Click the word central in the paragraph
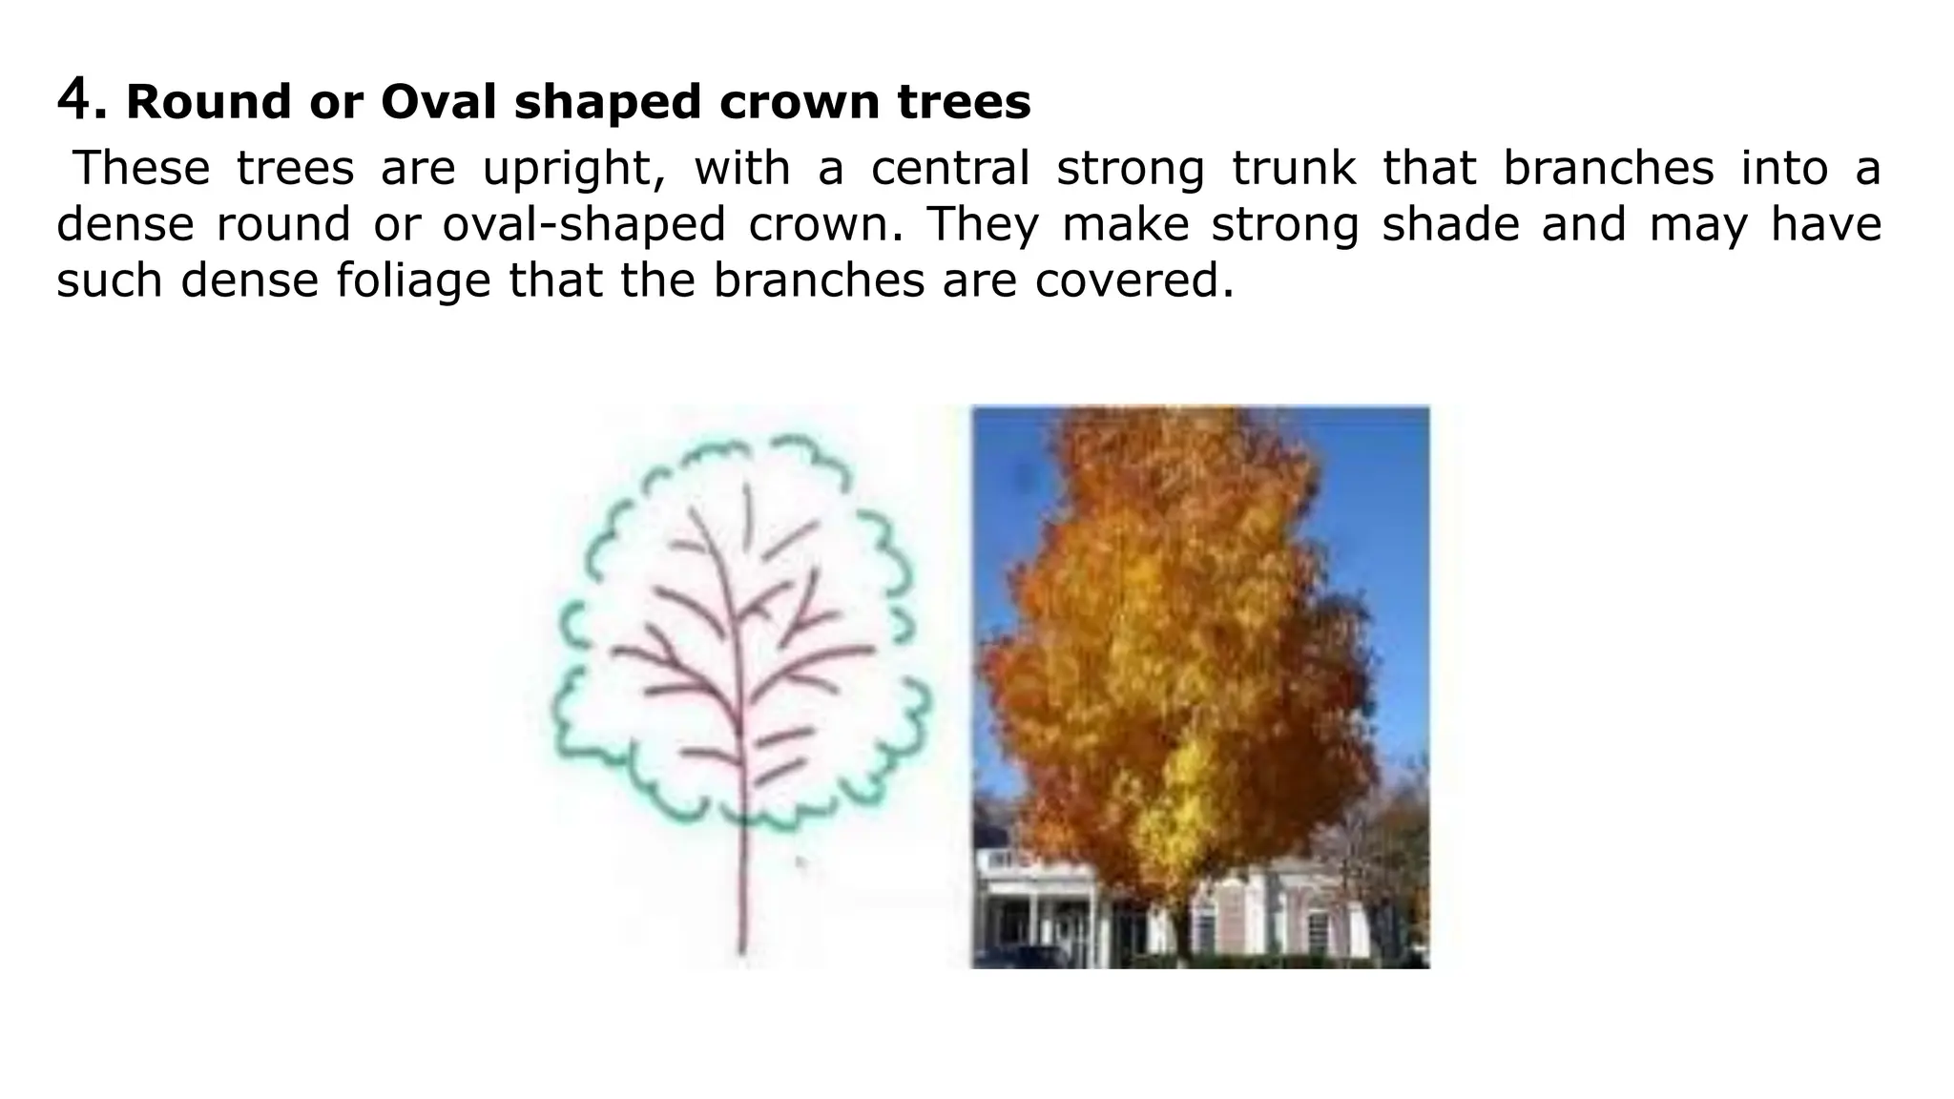(949, 168)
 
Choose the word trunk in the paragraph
(1293, 168)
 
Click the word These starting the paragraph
(141, 168)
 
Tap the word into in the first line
(1784, 168)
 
